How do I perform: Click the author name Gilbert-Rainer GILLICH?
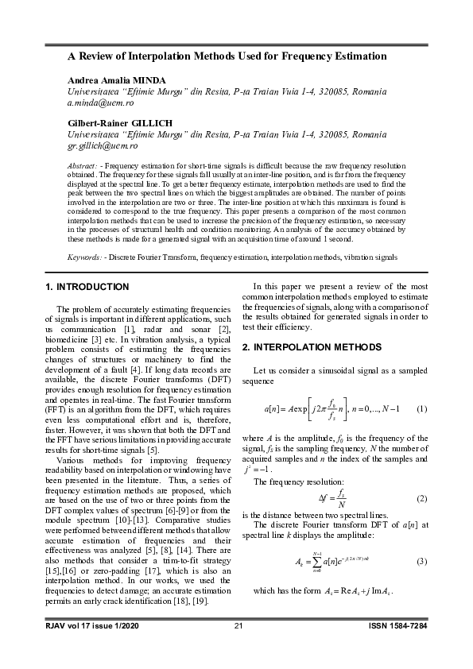pos(118,124)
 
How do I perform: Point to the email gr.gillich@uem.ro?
pos(103,146)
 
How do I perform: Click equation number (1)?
pos(422,408)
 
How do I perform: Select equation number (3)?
pos(422,562)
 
